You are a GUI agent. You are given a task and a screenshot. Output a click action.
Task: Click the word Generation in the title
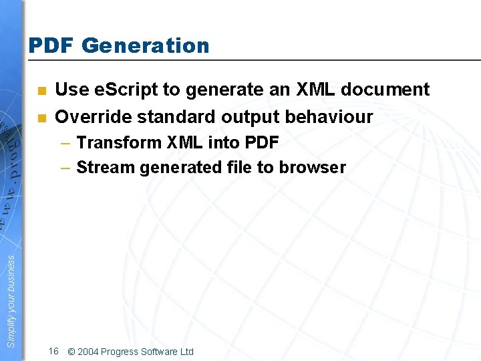(x=146, y=45)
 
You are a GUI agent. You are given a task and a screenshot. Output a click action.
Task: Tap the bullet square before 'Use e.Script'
(x=42, y=90)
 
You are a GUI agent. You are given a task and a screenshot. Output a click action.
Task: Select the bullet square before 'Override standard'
(x=42, y=118)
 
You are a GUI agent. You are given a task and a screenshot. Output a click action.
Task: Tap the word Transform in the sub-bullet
(x=120, y=142)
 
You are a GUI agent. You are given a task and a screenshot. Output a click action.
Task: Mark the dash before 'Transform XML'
(x=65, y=143)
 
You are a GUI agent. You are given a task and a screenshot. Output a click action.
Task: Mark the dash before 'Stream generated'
(x=65, y=168)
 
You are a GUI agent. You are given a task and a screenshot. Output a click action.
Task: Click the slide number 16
(x=53, y=351)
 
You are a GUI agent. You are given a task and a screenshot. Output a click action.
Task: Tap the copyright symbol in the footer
(x=71, y=352)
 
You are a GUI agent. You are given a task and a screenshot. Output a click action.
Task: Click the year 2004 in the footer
(x=88, y=352)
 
